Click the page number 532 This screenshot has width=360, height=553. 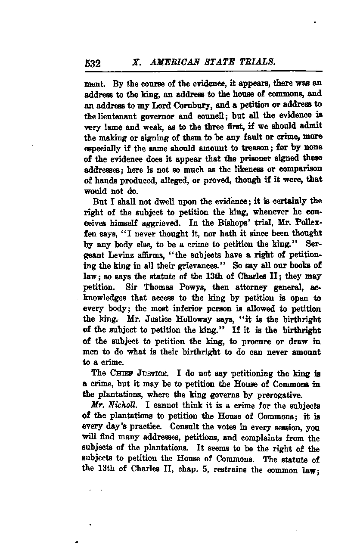click(x=93, y=64)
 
